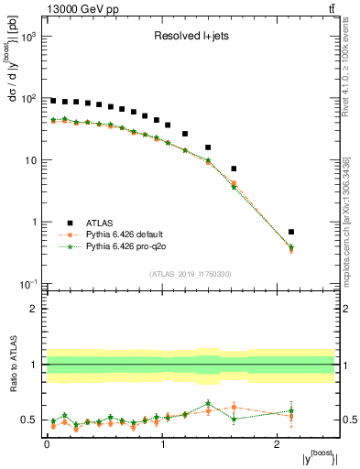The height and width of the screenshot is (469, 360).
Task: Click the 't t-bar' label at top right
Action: [328, 9]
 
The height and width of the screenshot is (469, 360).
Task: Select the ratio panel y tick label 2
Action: [36, 309]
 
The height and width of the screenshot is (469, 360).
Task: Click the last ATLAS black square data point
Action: [317, 232]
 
